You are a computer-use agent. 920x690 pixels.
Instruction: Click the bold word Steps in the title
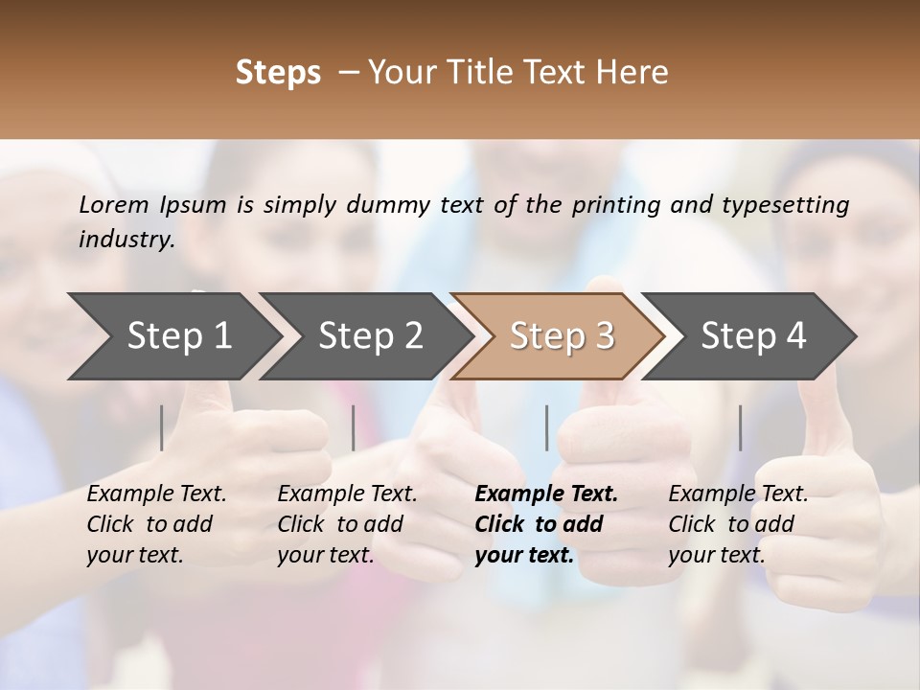click(x=278, y=73)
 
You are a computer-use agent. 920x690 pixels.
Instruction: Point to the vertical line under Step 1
click(x=162, y=427)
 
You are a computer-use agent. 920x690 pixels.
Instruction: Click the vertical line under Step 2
click(x=354, y=427)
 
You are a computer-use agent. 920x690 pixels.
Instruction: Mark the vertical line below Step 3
click(x=546, y=427)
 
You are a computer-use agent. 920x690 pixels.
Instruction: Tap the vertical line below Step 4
click(x=740, y=427)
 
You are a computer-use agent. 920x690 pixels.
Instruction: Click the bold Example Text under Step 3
click(x=546, y=494)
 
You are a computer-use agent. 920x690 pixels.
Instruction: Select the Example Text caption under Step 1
click(x=156, y=494)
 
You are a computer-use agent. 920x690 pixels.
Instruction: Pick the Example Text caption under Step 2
click(x=347, y=494)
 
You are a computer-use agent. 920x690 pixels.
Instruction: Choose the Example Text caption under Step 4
click(x=738, y=494)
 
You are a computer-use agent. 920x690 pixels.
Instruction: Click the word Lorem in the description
click(x=113, y=205)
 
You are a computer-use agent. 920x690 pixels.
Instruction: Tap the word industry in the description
click(x=126, y=240)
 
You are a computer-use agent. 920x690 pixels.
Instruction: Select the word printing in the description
click(x=611, y=205)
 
